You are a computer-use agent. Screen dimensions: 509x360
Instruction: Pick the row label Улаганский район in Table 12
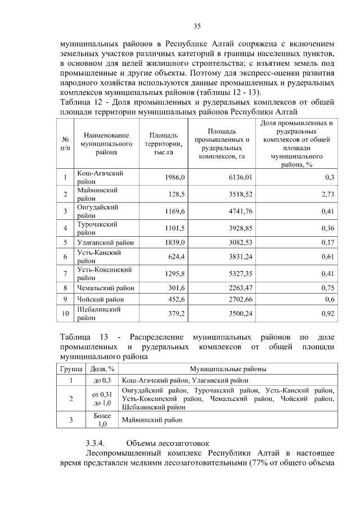coord(106,242)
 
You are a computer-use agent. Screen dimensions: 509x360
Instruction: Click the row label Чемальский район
coord(106,287)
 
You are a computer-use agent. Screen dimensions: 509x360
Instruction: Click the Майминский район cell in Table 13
coord(152,420)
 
